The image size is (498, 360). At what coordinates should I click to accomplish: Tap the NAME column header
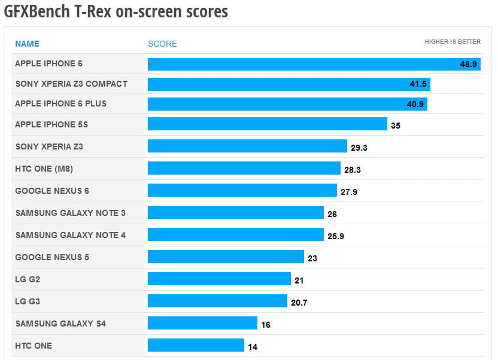[27, 44]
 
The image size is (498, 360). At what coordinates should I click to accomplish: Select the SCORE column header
[162, 44]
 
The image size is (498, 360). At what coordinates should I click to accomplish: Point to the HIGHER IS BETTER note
[453, 42]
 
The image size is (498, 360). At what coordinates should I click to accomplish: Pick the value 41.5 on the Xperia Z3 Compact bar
[417, 84]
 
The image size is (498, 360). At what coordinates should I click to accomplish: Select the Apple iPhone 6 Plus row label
[61, 103]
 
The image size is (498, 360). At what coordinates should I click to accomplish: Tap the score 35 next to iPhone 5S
[395, 126]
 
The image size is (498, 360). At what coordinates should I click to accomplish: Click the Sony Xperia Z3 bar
[247, 146]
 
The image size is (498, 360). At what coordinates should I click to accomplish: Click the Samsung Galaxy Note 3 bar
[236, 212]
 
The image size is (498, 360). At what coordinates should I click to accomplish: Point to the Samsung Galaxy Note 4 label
[71, 235]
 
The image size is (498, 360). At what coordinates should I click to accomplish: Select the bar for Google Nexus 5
[226, 257]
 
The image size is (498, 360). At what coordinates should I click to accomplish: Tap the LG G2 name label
[28, 279]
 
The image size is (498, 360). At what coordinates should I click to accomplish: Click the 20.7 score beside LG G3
[299, 303]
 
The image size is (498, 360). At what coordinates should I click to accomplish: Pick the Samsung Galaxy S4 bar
[202, 323]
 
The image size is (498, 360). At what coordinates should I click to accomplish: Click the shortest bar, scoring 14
[196, 345]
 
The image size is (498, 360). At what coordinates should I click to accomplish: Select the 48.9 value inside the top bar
[468, 64]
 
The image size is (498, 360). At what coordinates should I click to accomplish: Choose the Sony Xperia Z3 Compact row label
[71, 84]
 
